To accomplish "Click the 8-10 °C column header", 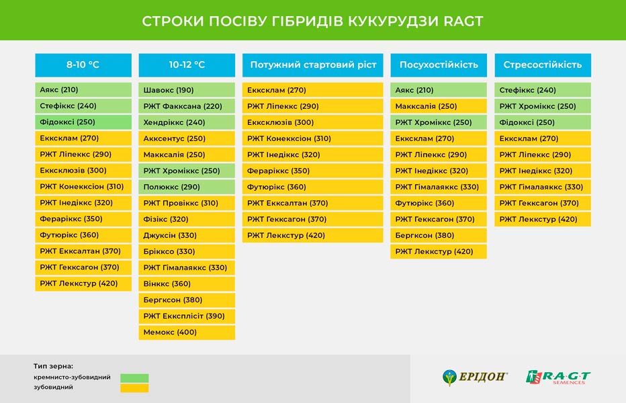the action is point(83,64).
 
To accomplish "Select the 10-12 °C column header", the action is point(187,64).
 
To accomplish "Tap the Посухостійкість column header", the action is point(439,64).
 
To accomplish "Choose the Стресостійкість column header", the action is point(543,64).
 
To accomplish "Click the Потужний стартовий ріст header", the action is point(312,64).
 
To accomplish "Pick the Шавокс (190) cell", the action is point(187,90).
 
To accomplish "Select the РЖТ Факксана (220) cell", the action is point(187,106).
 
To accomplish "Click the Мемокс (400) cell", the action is point(187,332).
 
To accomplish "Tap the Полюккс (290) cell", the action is point(187,187).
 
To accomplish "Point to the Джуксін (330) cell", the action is point(187,235).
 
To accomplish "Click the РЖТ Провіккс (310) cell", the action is point(187,203).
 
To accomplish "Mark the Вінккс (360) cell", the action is point(187,283).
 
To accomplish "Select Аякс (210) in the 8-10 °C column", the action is point(83,90).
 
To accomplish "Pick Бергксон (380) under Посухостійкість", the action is point(439,235).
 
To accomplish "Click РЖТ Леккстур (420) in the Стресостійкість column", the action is point(543,219).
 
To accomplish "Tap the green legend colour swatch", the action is point(134,378).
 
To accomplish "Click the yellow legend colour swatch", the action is point(134,388).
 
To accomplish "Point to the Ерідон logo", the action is point(475,377).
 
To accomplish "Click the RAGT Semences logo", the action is point(558,377).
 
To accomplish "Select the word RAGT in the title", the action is point(463,21).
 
